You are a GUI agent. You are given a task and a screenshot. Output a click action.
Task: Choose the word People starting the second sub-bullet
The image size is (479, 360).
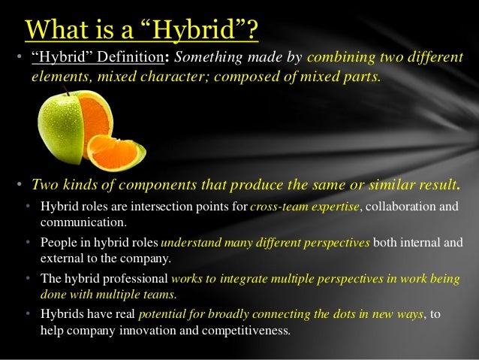click(x=58, y=243)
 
